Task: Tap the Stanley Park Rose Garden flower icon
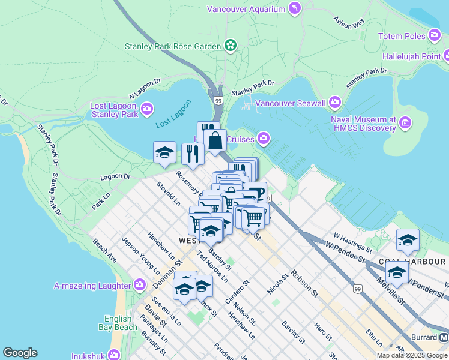click(x=229, y=45)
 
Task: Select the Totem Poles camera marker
click(x=435, y=36)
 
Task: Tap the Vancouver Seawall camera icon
click(x=335, y=103)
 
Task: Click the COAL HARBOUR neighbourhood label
click(x=412, y=262)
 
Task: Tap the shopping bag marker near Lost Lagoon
click(x=215, y=142)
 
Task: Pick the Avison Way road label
click(x=349, y=22)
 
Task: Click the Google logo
click(x=20, y=353)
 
